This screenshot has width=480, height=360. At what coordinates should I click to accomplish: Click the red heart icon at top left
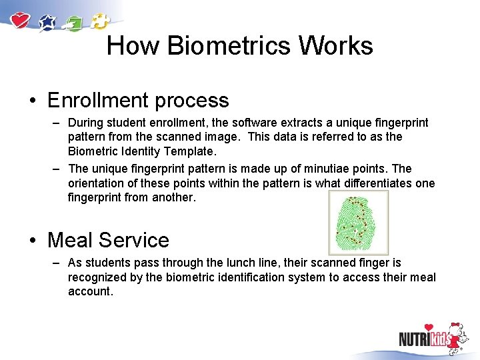point(21,20)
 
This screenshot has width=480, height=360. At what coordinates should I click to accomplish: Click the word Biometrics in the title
point(229,46)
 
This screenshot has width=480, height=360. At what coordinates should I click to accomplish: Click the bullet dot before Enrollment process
point(32,101)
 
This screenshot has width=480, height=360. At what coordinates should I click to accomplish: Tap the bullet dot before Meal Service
point(32,240)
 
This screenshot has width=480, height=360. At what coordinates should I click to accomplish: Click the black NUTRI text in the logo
point(413,339)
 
